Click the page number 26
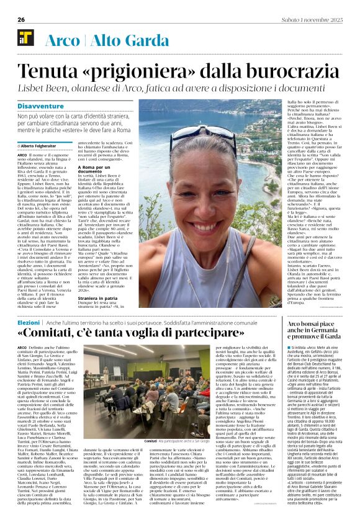(x=21, y=19)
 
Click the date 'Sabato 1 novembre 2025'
(x=314, y=19)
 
